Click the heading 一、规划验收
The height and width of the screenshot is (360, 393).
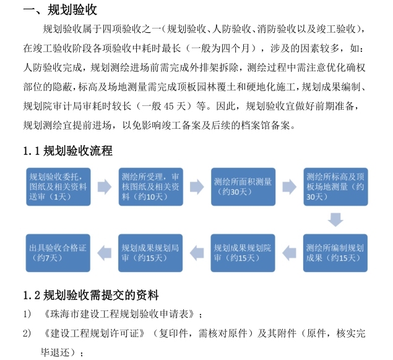60,10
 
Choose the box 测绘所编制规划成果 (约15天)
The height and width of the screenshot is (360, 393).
335,253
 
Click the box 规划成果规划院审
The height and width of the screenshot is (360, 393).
243,253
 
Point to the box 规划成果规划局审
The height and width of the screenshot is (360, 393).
150,253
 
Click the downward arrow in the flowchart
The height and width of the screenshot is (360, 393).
335,219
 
